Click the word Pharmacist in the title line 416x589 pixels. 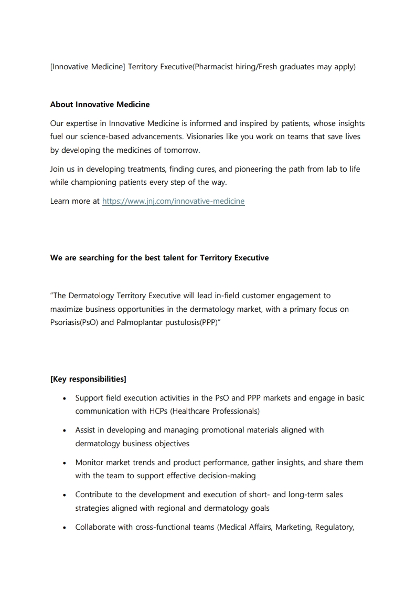[214, 67]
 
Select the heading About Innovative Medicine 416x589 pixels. [100, 104]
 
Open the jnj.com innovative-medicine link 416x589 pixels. [173, 201]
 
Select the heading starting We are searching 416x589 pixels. [159, 258]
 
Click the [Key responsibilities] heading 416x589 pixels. [88, 379]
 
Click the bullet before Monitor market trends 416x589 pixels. [63, 463]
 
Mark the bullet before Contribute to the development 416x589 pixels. [63, 495]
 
